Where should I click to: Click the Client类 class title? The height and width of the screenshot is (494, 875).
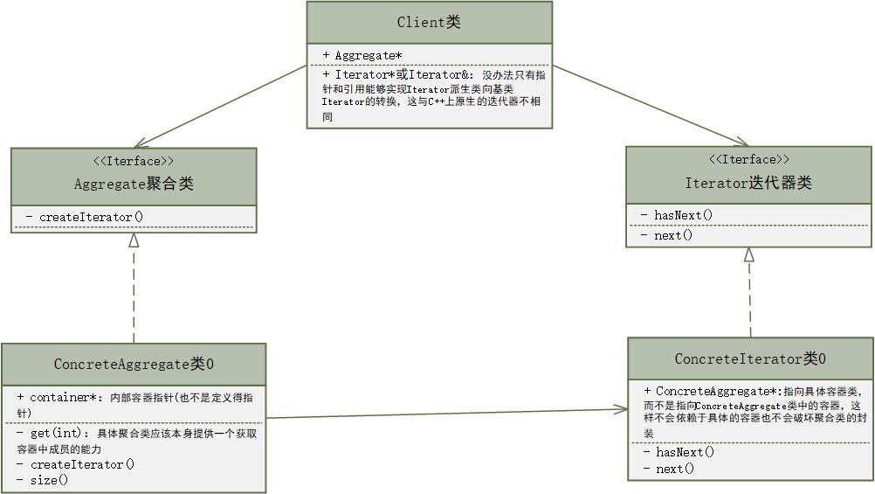click(429, 23)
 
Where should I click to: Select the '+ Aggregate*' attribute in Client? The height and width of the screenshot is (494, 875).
click(363, 55)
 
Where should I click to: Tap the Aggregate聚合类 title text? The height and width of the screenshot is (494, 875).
click(134, 184)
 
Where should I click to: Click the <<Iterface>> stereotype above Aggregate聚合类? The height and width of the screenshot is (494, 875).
click(134, 161)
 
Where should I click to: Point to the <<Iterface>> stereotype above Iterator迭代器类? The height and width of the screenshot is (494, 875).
click(748, 159)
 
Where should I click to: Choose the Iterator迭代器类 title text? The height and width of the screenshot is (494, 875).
click(748, 183)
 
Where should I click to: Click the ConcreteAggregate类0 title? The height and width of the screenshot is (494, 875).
click(134, 364)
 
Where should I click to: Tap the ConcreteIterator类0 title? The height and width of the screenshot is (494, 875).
click(750, 358)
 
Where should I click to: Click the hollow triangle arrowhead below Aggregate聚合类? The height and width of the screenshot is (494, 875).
click(134, 240)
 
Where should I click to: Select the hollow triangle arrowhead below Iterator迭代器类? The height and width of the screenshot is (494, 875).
click(748, 255)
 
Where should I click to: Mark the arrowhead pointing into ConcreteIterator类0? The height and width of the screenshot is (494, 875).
click(622, 408)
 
